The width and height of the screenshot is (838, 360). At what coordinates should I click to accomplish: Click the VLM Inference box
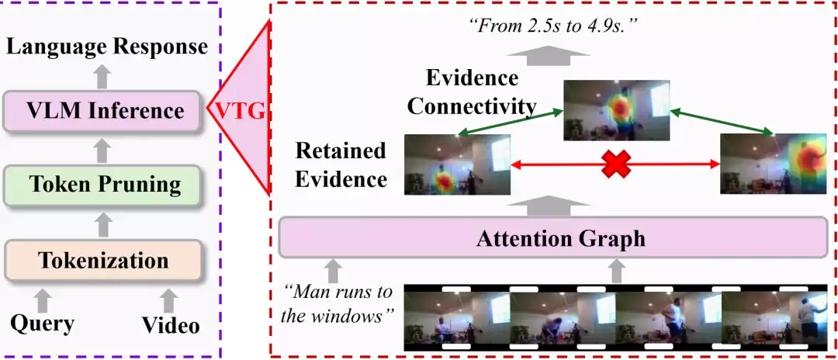coord(102,111)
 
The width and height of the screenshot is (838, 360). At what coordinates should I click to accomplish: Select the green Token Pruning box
coord(102,185)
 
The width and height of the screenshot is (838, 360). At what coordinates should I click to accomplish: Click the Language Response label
coord(107,47)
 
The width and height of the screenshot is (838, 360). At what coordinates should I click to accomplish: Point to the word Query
coord(43,324)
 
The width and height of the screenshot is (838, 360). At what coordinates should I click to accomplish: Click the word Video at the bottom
coord(171,325)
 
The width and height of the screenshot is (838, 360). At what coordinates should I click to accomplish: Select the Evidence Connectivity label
coord(472,92)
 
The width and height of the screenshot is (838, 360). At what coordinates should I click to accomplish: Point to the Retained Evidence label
coord(341,164)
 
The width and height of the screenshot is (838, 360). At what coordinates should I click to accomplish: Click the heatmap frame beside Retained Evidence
coord(457,164)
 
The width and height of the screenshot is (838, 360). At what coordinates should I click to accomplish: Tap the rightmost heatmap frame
coord(773,164)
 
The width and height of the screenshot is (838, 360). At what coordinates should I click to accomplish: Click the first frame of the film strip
coord(457,318)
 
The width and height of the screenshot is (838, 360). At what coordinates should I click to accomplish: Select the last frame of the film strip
coord(774,318)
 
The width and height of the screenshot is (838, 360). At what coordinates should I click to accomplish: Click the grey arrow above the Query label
coord(43,300)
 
